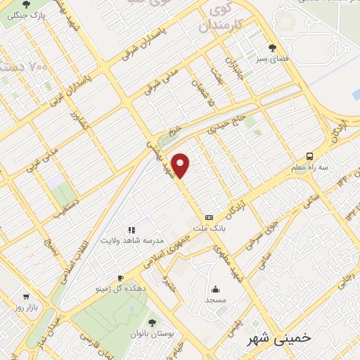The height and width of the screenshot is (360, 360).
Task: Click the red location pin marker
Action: point(181,165)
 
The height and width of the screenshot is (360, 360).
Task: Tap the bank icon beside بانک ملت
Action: point(209,218)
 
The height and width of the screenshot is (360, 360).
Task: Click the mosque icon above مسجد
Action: point(215,288)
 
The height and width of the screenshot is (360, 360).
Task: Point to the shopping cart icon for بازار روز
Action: point(26,297)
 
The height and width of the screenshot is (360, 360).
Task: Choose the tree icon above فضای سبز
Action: point(272,49)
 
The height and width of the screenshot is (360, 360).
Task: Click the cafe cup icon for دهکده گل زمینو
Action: point(120,278)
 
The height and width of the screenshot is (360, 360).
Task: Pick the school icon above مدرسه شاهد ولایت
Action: point(130,229)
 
